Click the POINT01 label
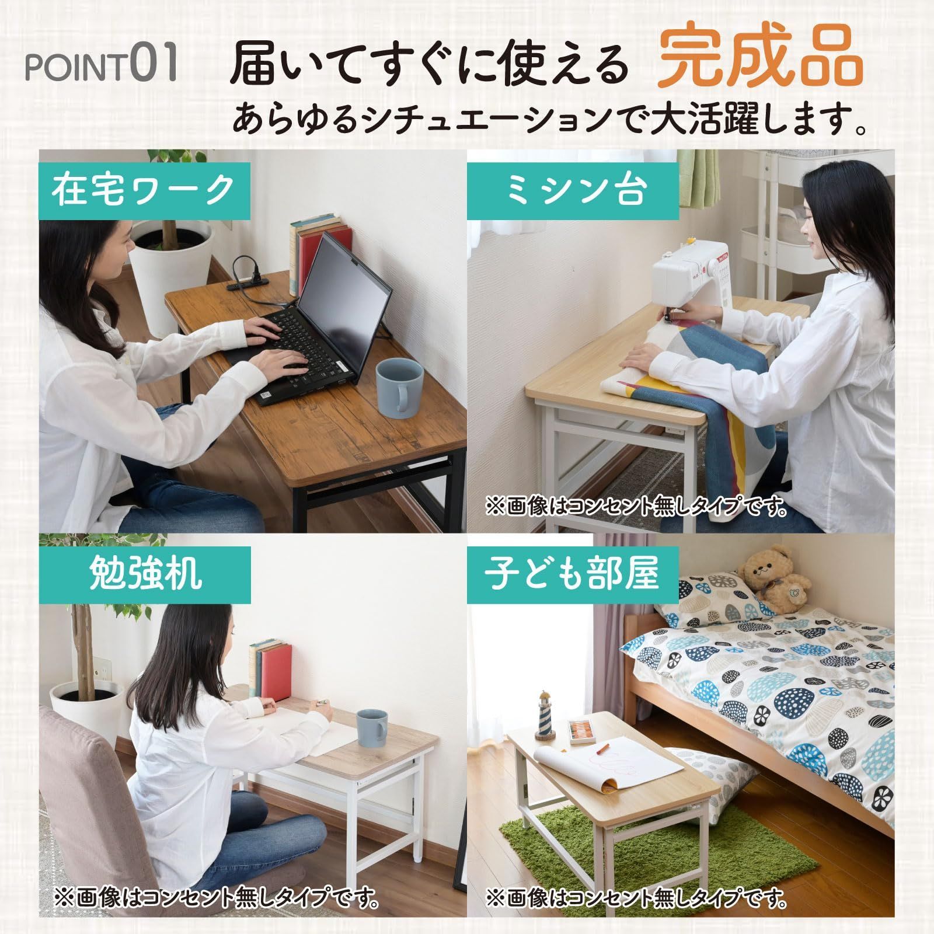pyautogui.click(x=101, y=67)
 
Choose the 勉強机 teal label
pyautogui.click(x=145, y=574)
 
